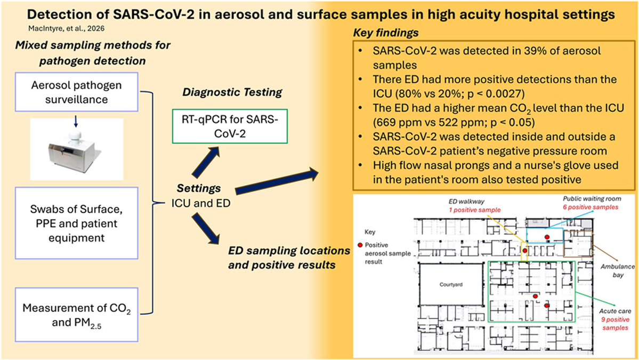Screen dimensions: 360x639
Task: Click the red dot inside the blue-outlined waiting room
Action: [546, 236]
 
